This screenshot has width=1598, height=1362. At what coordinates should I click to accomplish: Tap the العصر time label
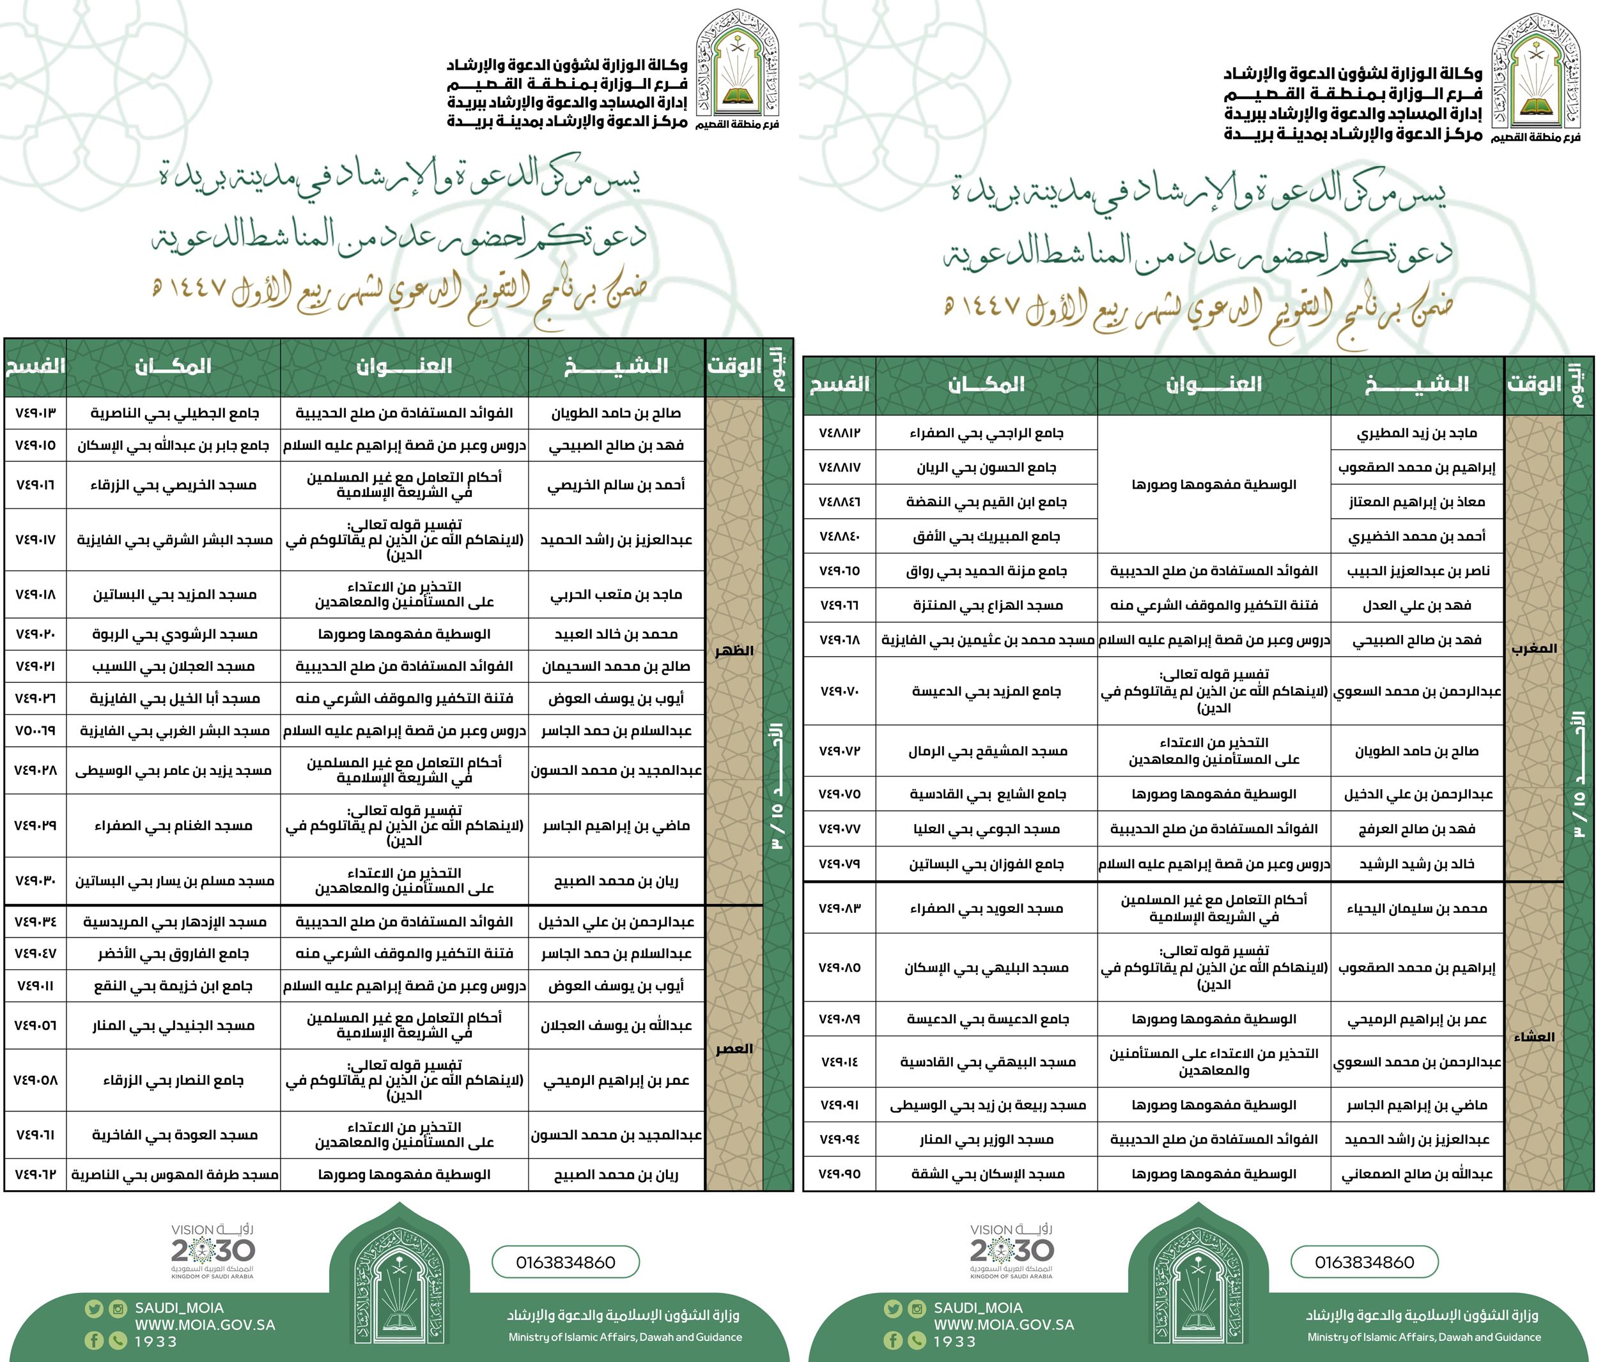(733, 1048)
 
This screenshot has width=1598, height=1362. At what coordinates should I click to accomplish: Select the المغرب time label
(1534, 648)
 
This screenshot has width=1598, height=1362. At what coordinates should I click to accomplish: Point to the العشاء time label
(1534, 1036)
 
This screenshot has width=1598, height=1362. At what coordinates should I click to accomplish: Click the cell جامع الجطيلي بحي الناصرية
(175, 413)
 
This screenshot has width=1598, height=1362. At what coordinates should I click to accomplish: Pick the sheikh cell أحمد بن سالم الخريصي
(616, 485)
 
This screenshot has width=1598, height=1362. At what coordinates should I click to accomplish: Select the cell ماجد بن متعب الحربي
(616, 594)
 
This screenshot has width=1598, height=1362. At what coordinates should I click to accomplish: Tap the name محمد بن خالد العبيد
(616, 634)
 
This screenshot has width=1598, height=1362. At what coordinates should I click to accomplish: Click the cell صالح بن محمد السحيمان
(616, 666)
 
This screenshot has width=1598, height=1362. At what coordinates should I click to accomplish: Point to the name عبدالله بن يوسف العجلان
(616, 1025)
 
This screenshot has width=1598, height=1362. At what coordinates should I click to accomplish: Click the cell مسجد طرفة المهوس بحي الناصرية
(175, 1175)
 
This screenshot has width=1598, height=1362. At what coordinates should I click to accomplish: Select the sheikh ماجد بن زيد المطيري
(1416, 433)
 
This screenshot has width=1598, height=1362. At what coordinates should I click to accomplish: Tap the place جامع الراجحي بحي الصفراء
(986, 433)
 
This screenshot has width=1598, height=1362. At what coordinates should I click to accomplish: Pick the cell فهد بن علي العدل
(1416, 605)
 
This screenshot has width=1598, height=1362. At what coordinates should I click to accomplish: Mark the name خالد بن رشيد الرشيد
(1416, 864)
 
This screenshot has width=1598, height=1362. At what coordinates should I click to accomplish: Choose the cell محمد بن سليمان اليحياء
(1416, 908)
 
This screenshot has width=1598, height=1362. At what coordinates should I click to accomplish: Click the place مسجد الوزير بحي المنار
(986, 1139)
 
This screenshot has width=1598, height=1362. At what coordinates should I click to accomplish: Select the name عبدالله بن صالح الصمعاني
(1416, 1174)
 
